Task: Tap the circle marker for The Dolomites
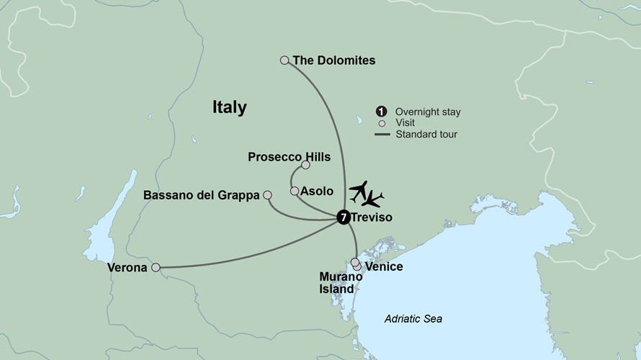tap(284, 60)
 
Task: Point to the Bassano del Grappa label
tap(201, 195)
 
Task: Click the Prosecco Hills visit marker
tap(305, 165)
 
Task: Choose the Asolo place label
tap(317, 192)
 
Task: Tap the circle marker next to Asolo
tap(294, 191)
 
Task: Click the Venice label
tap(384, 267)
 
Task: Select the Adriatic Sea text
tap(413, 318)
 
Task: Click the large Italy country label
tap(229, 108)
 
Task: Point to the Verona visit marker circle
tap(156, 267)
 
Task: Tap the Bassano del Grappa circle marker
tap(267, 194)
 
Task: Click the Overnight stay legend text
tap(428, 112)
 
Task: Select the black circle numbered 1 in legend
tap(380, 112)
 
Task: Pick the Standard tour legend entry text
tap(426, 134)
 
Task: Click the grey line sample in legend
tap(380, 134)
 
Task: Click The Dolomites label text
tap(334, 60)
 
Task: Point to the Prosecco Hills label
tap(289, 156)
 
